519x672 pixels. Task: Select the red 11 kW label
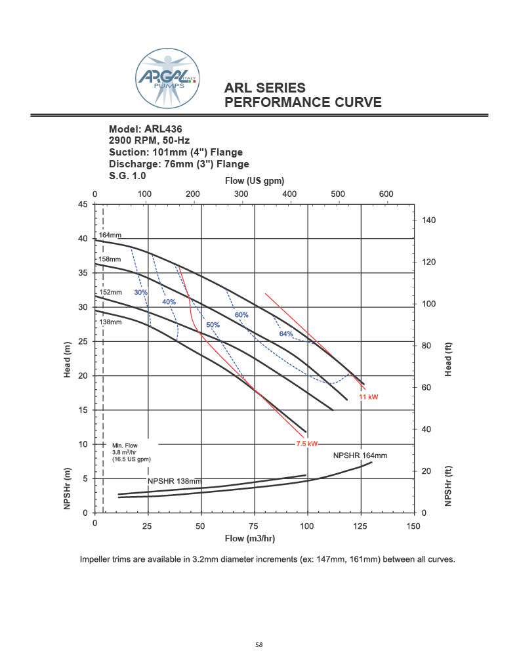pyautogui.click(x=369, y=398)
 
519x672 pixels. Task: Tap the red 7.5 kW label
pyautogui.click(x=307, y=444)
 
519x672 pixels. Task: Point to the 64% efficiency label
pyautogui.click(x=286, y=334)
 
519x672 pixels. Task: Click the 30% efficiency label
pyautogui.click(x=141, y=292)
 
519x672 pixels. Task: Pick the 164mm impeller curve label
pyautogui.click(x=110, y=235)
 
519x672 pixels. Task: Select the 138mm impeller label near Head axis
pyautogui.click(x=110, y=322)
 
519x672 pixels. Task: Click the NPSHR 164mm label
pyautogui.click(x=360, y=455)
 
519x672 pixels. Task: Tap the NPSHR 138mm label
pyautogui.click(x=174, y=481)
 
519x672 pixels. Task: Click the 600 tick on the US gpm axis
pyautogui.click(x=386, y=194)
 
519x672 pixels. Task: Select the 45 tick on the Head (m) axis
pyautogui.click(x=83, y=204)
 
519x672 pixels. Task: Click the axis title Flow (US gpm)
pyautogui.click(x=256, y=180)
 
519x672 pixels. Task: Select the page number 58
pyautogui.click(x=259, y=645)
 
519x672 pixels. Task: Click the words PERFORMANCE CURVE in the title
pyautogui.click(x=303, y=103)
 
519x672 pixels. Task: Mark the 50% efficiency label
pyautogui.click(x=213, y=325)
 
